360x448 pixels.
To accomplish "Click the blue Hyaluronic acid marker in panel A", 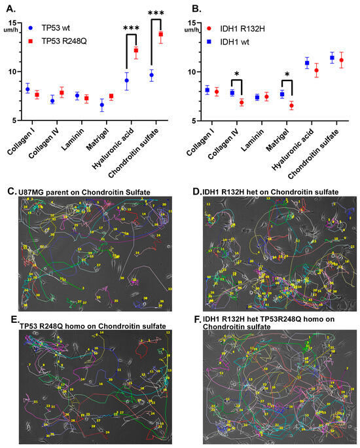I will pos(127,81).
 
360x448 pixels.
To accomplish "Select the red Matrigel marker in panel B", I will pos(291,105).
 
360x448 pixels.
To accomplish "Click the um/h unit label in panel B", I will pos(191,30).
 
